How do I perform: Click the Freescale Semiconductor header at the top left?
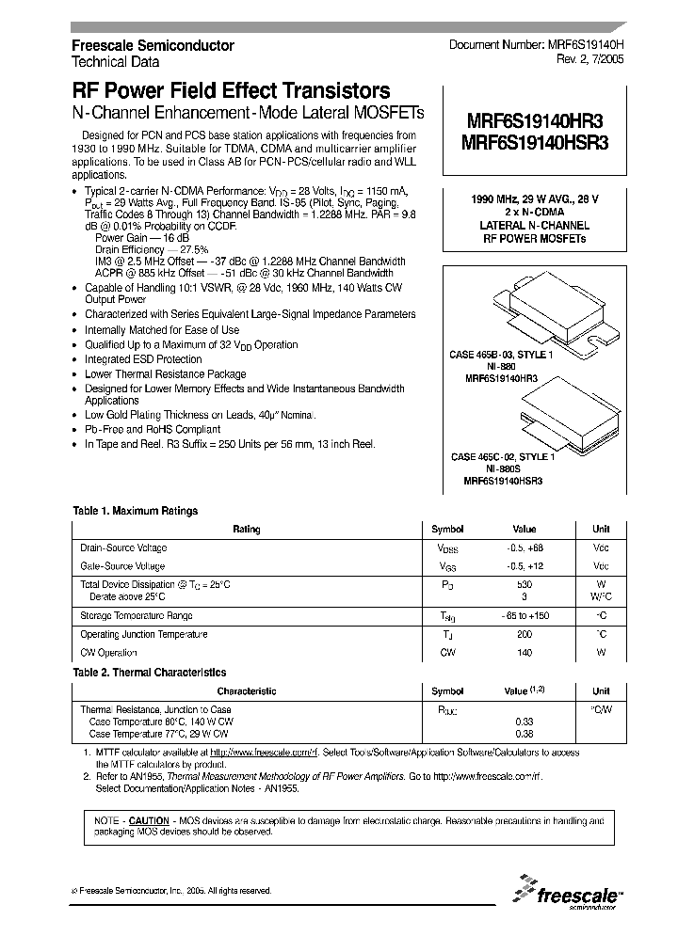tap(153, 45)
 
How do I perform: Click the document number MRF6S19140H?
tap(535, 45)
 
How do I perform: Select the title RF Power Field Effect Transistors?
tap(231, 91)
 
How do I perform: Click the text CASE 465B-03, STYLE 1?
tap(501, 354)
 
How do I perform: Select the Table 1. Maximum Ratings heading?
tap(136, 511)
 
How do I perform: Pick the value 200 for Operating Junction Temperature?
tap(524, 635)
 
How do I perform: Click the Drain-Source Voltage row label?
tap(123, 547)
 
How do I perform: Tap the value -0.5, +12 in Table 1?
tap(524, 566)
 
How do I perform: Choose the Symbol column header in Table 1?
tap(447, 530)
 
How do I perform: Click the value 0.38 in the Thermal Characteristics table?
tap(524, 734)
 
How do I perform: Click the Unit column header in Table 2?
tap(600, 691)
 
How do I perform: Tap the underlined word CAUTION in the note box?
tap(149, 821)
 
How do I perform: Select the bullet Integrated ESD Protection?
tap(143, 359)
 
